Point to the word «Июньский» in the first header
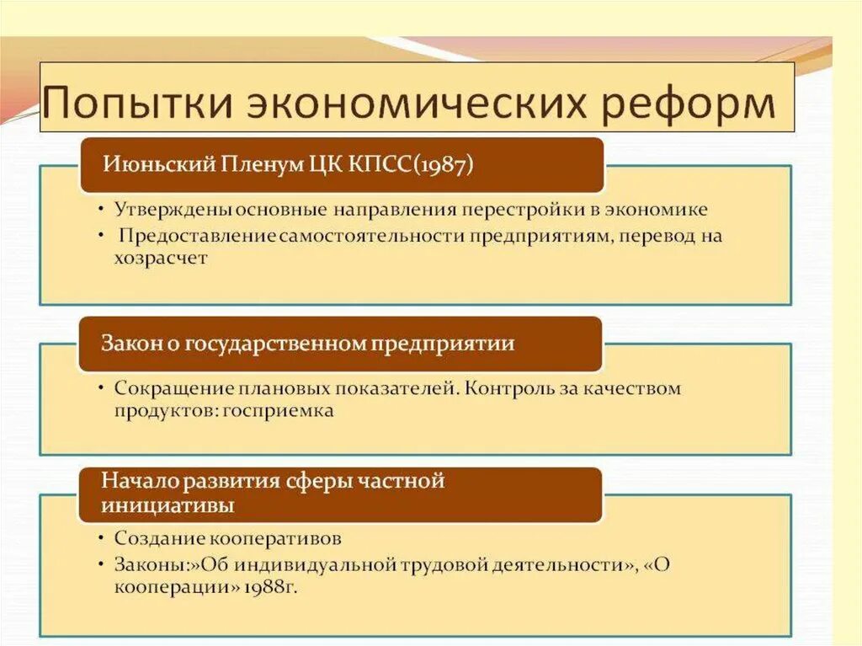(x=149, y=163)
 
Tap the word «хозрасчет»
(x=161, y=259)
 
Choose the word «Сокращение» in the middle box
(x=169, y=389)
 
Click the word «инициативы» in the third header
(x=168, y=505)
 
